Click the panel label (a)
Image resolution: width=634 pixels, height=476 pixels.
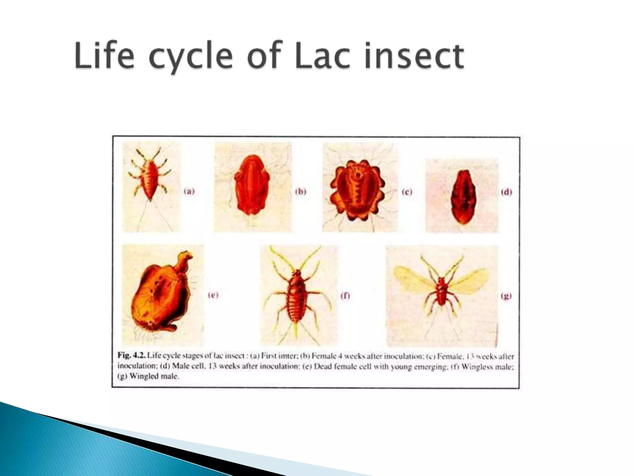pos(189,191)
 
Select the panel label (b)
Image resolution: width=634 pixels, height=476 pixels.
pos(300,191)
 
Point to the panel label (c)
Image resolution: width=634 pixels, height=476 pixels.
pos(407,192)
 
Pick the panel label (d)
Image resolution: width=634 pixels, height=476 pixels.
pos(506,192)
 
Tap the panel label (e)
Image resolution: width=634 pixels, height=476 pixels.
pos(213,295)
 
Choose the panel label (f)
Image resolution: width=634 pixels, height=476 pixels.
pos(345,296)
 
